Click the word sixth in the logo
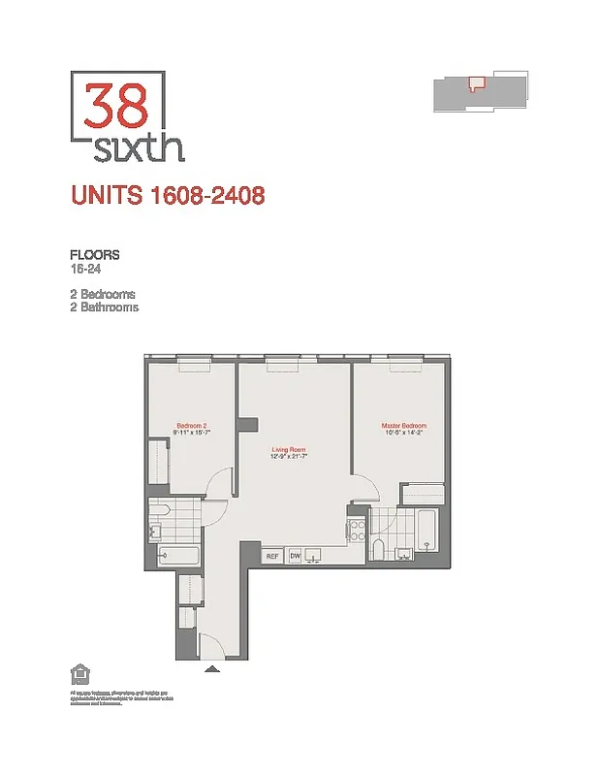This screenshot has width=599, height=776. [x=141, y=148]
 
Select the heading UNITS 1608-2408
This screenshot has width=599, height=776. [x=168, y=196]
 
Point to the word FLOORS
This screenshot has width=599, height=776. [x=94, y=255]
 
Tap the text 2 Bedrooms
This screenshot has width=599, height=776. [x=102, y=294]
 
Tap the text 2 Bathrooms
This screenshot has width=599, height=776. [x=104, y=307]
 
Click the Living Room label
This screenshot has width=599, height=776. [x=288, y=450]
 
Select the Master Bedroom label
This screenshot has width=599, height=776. [x=403, y=426]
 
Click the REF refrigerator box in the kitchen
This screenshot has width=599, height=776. [x=272, y=556]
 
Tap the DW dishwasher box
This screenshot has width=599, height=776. [x=295, y=556]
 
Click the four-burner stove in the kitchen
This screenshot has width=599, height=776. [x=355, y=530]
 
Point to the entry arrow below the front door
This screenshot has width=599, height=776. [x=212, y=668]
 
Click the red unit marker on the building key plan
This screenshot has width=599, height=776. [x=475, y=83]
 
